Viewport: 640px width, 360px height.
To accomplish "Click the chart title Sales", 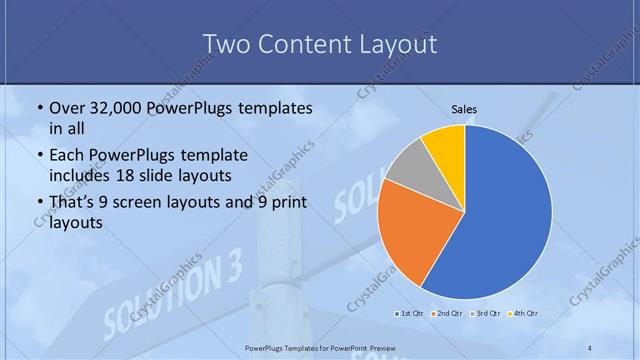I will click(x=464, y=110).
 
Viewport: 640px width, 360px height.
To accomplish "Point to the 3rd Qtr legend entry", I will click(x=484, y=314).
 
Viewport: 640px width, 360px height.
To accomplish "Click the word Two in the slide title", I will click(x=227, y=44).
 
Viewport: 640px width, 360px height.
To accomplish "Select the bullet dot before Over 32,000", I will click(x=39, y=108).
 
